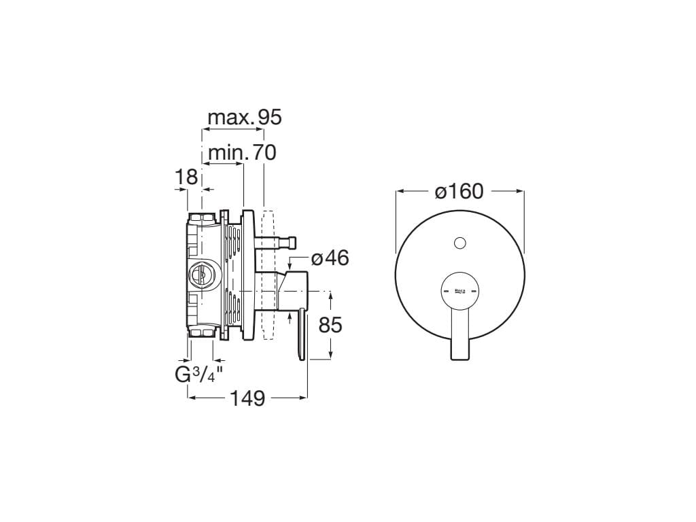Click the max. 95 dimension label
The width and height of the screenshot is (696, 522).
245,118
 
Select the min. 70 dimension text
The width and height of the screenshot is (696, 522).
242,153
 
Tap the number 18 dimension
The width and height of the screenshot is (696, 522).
186,177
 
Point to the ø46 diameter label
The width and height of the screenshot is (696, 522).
330,258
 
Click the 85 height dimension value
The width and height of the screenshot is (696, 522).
330,326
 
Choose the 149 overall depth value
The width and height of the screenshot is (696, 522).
247,398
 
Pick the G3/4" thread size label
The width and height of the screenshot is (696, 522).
198,375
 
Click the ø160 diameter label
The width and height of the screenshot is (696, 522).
459,191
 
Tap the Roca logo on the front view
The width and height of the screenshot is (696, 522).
459,292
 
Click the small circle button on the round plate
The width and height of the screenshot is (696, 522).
460,243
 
